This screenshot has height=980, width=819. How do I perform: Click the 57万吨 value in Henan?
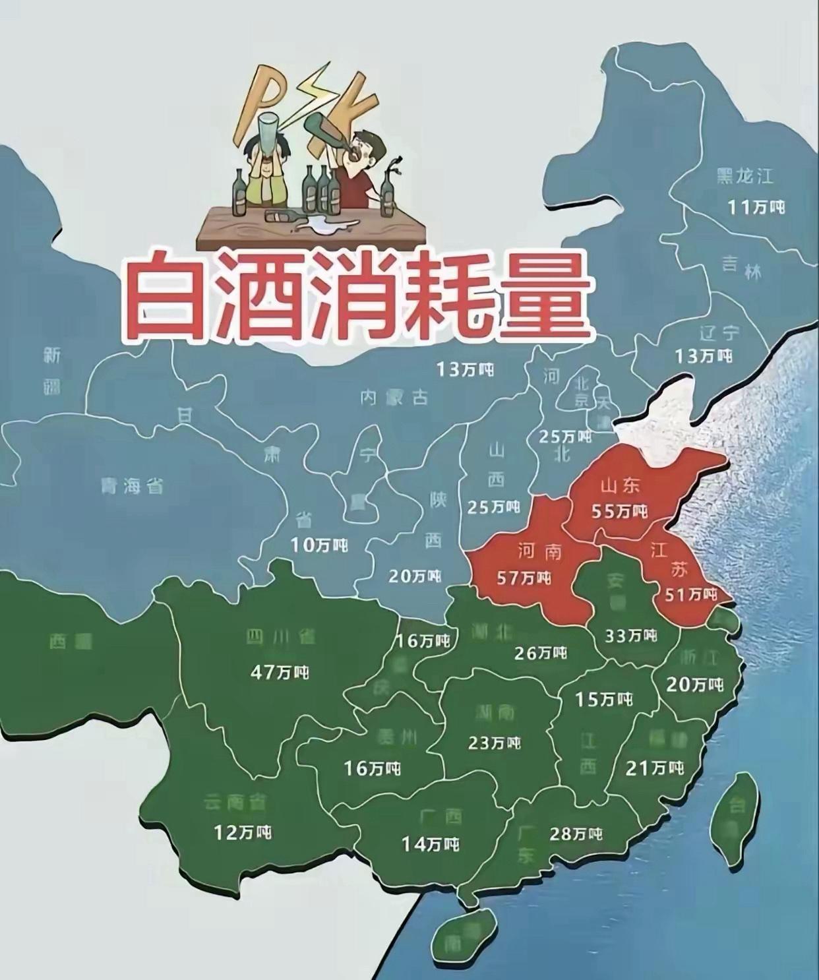click(x=524, y=578)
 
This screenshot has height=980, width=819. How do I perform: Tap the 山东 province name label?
click(x=621, y=487)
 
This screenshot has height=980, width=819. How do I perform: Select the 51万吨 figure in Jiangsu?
click(x=690, y=594)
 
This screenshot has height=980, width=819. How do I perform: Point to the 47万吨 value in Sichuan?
click(x=280, y=672)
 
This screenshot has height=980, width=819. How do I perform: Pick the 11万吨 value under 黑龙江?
click(x=756, y=206)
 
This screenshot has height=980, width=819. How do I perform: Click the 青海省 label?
click(x=132, y=487)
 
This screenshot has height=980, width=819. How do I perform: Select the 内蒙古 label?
click(x=394, y=397)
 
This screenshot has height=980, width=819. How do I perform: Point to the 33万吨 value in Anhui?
click(x=631, y=635)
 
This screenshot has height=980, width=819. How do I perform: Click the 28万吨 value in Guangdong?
click(x=576, y=834)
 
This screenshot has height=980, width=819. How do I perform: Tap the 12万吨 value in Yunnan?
click(x=243, y=832)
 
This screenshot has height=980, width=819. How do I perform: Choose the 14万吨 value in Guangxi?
click(x=431, y=843)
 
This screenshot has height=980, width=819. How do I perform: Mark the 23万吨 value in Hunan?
click(x=494, y=743)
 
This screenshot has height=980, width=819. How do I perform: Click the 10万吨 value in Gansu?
click(x=318, y=545)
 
